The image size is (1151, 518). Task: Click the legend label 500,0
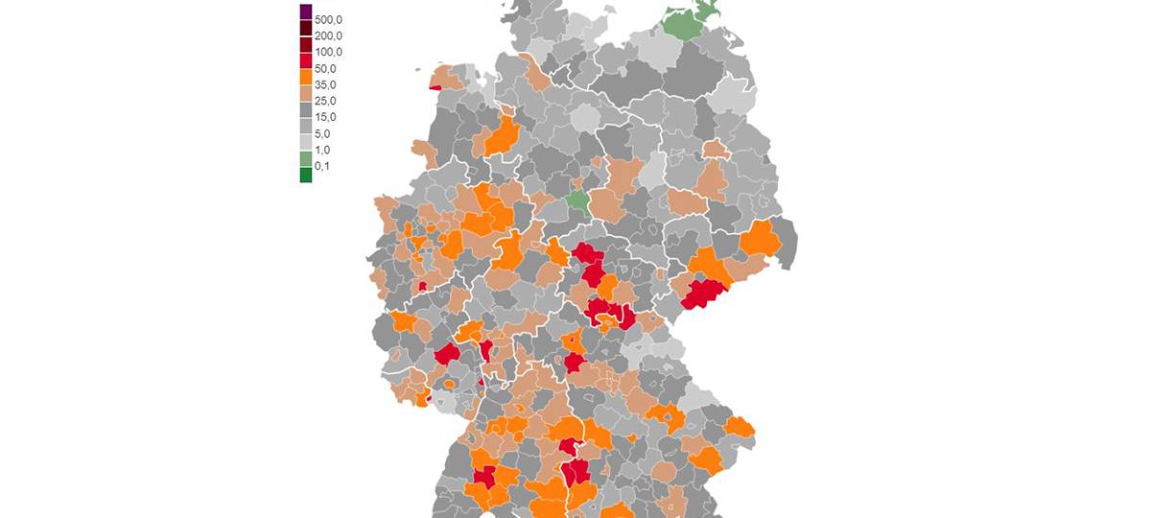pos(328,19)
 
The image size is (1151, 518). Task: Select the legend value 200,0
pos(328,35)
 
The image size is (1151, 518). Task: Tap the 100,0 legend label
pos(328,52)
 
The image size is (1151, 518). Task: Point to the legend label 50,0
pos(326,69)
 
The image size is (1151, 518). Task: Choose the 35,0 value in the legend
pos(326,85)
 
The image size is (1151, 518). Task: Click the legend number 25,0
pos(326,101)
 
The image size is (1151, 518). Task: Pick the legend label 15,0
pos(326,117)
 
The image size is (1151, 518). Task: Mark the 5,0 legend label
pos(323,133)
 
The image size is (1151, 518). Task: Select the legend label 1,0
pos(323,150)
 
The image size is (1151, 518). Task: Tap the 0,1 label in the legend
pos(323,166)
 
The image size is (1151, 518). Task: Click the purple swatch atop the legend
pos(306,12)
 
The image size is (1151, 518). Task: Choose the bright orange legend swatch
pos(306,77)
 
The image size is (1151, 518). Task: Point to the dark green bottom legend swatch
pos(306,175)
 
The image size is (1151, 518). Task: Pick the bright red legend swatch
pos(306,60)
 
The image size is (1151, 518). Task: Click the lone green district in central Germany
pos(578,200)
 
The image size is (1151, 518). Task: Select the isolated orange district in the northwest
pos(502,137)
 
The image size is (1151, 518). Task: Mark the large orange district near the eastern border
pos(760,238)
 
